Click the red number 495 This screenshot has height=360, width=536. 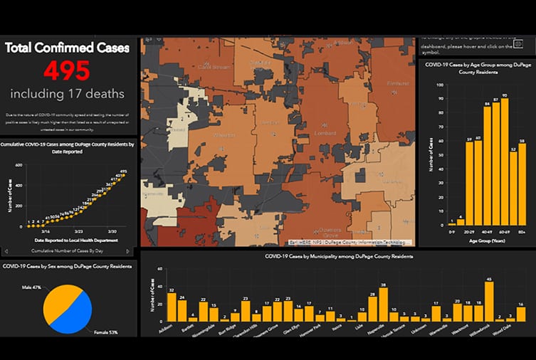(67, 71)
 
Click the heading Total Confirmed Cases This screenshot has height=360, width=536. (67, 48)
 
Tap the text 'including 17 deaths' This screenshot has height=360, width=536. (67, 94)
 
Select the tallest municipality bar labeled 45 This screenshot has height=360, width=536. (489, 300)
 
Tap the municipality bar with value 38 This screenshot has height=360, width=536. (383, 304)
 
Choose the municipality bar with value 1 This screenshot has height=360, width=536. (352, 319)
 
